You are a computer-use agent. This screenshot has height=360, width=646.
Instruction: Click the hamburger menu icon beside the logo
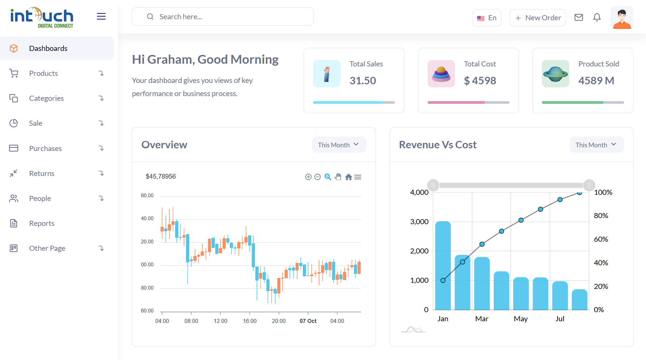point(101,16)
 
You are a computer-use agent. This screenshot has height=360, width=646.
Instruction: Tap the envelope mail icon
point(578,17)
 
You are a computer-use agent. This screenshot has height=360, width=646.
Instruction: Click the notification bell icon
point(596,17)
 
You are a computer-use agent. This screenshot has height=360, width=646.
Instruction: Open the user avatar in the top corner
point(621,18)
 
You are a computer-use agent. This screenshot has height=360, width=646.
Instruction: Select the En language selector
point(487,18)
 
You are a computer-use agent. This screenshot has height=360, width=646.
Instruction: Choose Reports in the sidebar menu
point(41,223)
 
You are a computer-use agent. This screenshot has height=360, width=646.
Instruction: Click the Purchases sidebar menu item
point(45,148)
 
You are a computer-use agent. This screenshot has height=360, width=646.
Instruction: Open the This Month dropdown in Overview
point(339,145)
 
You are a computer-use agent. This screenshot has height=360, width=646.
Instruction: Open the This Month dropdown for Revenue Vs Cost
point(596,145)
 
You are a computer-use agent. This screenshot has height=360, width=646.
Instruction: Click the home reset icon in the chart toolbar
point(348,177)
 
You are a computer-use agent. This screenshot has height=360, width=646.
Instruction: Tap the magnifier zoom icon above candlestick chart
point(328,177)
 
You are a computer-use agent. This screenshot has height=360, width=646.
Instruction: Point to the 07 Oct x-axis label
point(308,321)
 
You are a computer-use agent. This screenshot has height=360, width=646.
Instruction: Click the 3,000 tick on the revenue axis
point(419,222)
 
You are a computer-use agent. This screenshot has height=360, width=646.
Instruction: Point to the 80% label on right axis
point(601,216)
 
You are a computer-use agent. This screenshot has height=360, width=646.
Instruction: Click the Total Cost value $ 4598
point(480,81)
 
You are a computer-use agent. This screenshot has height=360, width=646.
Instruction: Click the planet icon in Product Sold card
point(555,73)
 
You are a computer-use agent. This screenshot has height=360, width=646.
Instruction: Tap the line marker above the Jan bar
point(443,280)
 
